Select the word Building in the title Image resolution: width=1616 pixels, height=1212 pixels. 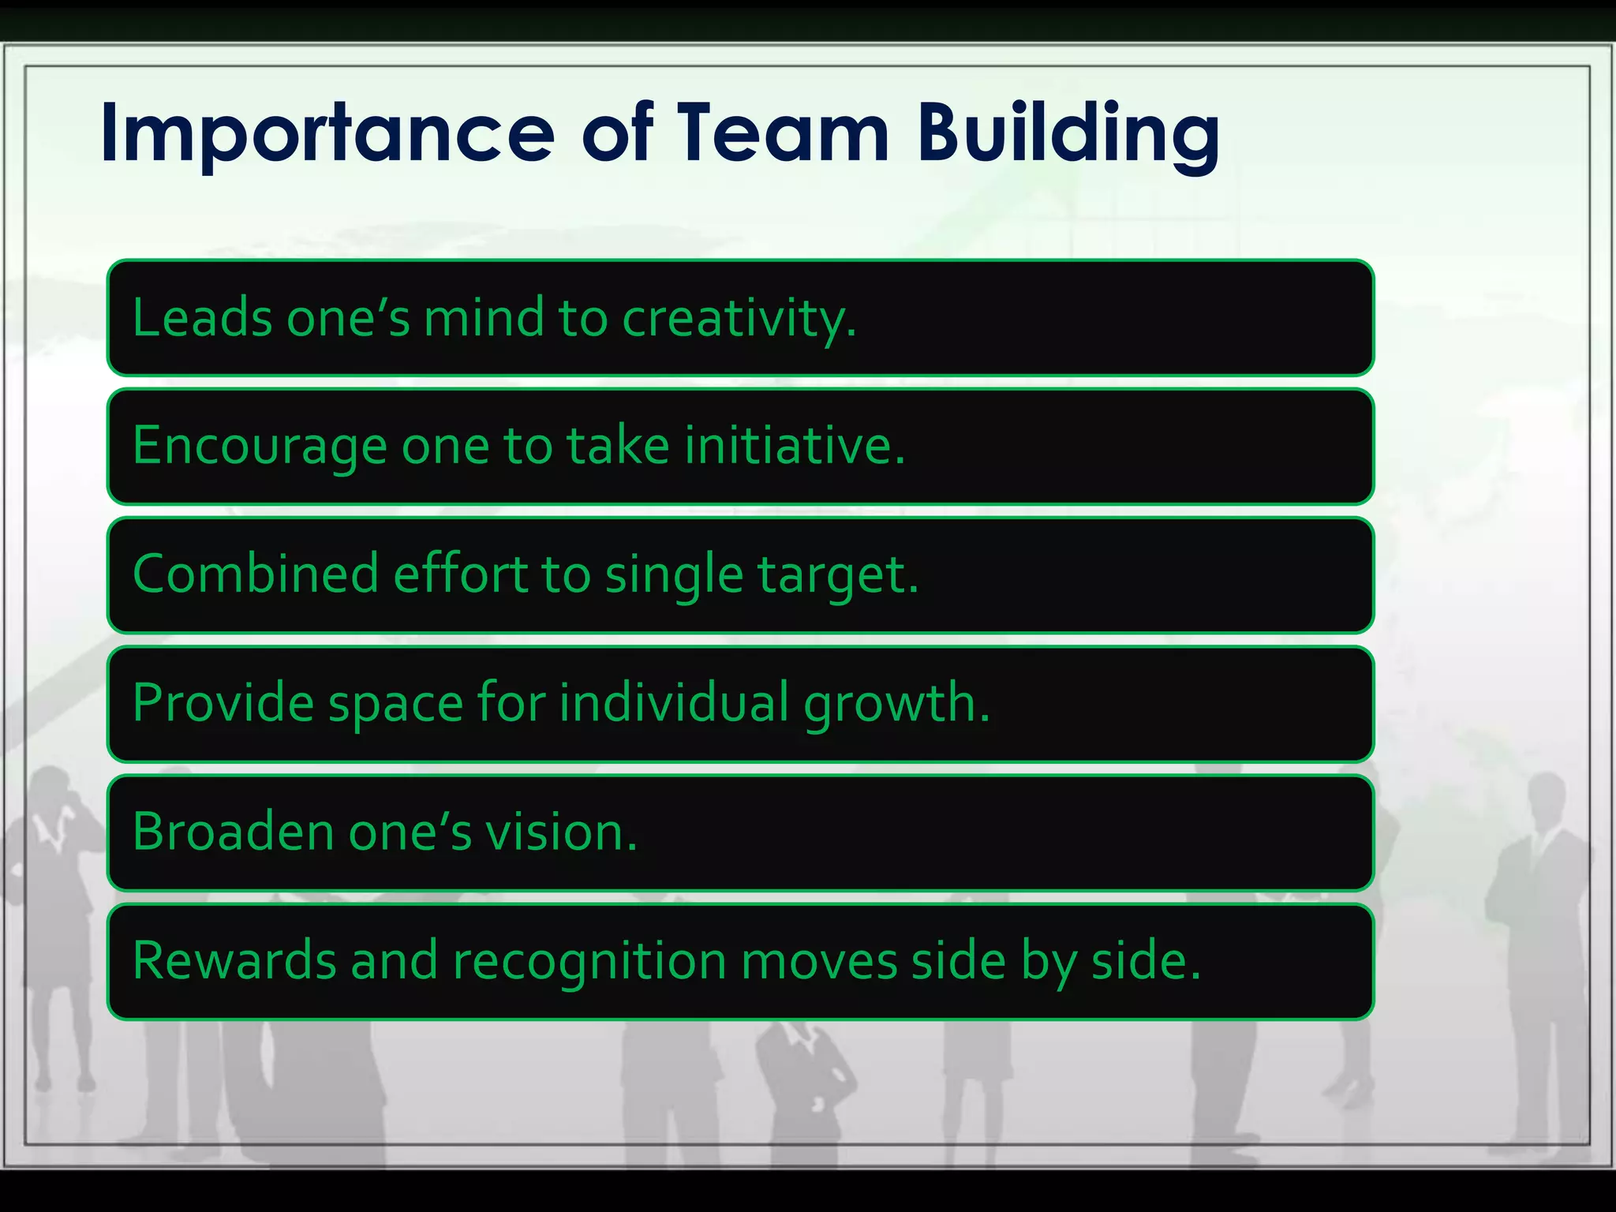click(1068, 134)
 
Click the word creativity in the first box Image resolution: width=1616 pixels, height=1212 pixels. click(739, 319)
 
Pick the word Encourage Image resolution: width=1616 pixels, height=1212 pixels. click(260, 447)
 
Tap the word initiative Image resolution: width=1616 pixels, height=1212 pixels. click(795, 446)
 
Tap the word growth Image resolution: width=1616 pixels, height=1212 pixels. click(896, 704)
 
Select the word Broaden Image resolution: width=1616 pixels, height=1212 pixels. click(234, 832)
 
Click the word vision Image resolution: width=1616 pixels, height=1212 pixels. click(561, 832)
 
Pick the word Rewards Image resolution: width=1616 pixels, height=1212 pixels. click(234, 960)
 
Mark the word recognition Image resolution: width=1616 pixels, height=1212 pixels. click(589, 962)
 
